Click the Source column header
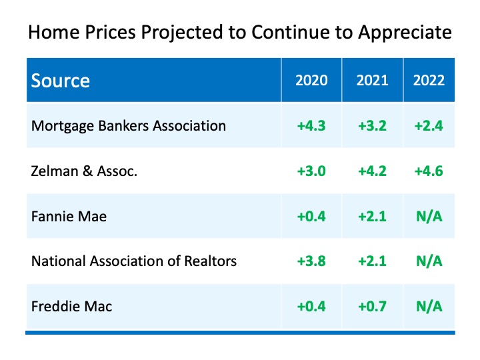[61, 81]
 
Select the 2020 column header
[312, 81]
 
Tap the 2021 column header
[372, 81]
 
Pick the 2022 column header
[429, 81]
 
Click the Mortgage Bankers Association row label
[129, 125]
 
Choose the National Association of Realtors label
[134, 261]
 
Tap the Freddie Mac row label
[72, 307]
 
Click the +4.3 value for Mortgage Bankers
[312, 126]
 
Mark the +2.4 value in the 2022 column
[429, 126]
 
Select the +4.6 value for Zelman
[429, 171]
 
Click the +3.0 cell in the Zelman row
[312, 171]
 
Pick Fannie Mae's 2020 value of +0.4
[312, 217]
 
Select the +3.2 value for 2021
[372, 126]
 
